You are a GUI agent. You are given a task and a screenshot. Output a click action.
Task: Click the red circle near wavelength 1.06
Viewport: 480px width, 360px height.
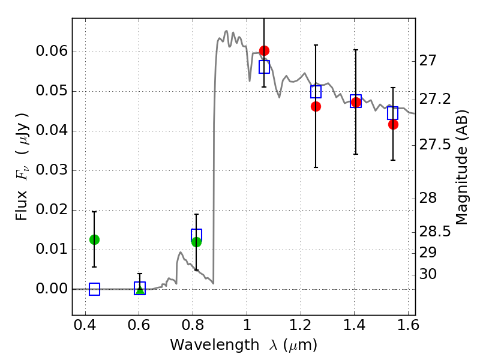264,50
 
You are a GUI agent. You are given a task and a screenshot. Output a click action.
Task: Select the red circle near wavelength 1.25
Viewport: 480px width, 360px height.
316,107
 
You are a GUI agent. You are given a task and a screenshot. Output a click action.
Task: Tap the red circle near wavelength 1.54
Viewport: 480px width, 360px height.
393,125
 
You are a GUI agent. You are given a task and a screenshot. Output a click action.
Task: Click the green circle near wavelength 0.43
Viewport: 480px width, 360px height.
94,239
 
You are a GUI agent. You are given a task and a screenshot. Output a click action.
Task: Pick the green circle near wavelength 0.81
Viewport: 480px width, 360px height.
196,242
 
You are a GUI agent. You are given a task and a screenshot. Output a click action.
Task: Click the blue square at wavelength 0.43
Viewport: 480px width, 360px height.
94,289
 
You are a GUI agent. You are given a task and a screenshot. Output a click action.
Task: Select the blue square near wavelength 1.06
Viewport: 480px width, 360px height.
264,67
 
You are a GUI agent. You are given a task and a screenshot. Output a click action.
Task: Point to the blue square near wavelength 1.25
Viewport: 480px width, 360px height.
316,92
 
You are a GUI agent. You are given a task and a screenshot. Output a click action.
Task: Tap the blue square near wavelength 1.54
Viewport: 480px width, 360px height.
392,113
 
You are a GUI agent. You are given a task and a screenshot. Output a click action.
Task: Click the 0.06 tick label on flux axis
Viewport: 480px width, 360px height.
52,51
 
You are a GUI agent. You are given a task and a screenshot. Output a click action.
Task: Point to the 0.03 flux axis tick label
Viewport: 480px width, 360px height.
52,170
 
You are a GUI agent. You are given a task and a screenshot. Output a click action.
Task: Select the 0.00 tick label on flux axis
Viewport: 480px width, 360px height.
52,289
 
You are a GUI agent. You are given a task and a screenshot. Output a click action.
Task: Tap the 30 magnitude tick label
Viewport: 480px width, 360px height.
428,274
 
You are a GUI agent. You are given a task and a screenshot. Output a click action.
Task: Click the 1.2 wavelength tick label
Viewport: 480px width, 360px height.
301,325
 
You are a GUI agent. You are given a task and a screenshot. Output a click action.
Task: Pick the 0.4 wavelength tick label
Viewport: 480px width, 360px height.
85,325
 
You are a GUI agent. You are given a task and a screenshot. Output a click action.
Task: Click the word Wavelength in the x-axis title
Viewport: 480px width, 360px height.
215,345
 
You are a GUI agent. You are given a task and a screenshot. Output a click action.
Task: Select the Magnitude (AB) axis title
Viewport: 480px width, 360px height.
462,167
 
